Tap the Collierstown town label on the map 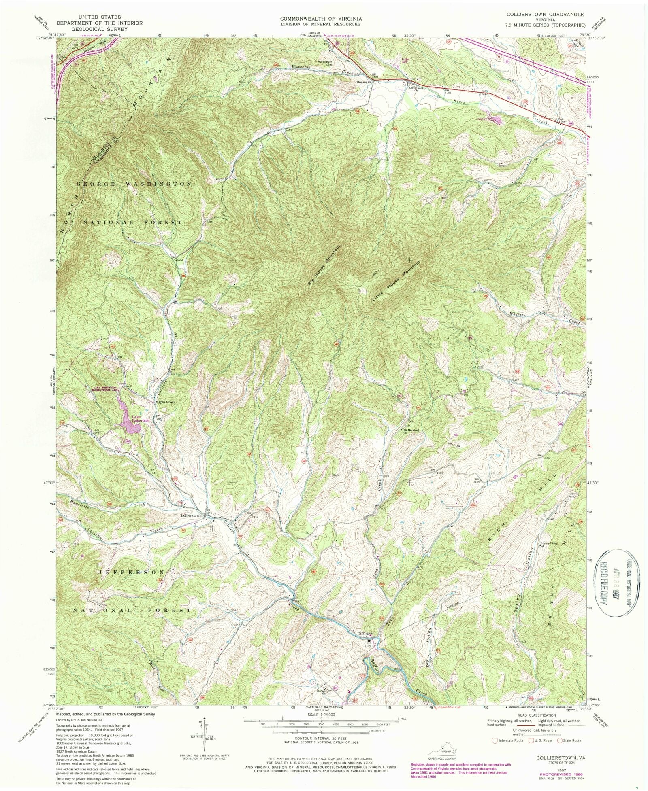(191, 516)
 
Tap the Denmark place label (364, 82)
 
